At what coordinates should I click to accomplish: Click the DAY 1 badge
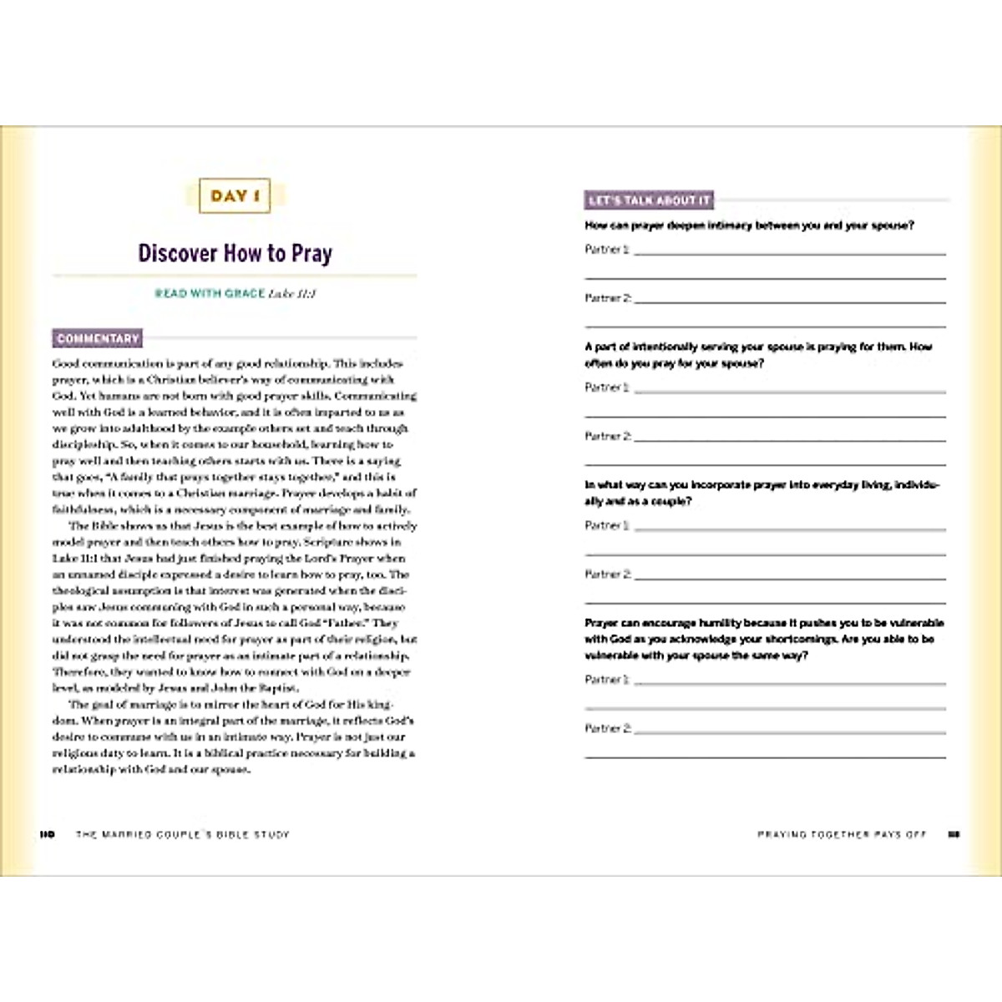(235, 197)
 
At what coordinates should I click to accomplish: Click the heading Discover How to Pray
(235, 253)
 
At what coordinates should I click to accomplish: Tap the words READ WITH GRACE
(210, 294)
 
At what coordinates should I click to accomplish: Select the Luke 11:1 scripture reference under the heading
(292, 294)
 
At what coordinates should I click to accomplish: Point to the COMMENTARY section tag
(97, 339)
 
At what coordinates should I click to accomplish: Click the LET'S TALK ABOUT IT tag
(649, 200)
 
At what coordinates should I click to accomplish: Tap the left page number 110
(47, 834)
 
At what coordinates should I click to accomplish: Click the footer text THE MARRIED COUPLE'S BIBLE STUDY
(182, 834)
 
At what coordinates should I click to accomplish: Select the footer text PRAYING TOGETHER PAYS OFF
(842, 834)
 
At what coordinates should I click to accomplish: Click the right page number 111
(954, 834)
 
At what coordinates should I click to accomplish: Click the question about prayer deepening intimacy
(749, 225)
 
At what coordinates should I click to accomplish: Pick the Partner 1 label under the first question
(607, 250)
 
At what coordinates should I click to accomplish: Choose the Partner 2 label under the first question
(608, 298)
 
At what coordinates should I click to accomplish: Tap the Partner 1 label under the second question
(607, 387)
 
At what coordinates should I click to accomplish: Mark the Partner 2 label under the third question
(608, 574)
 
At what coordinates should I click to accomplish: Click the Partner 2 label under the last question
(608, 729)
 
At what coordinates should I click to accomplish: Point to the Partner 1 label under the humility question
(607, 680)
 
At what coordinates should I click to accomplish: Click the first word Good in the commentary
(66, 364)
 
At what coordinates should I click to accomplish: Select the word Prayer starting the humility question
(601, 623)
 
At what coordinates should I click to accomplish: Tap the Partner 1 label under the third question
(607, 526)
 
